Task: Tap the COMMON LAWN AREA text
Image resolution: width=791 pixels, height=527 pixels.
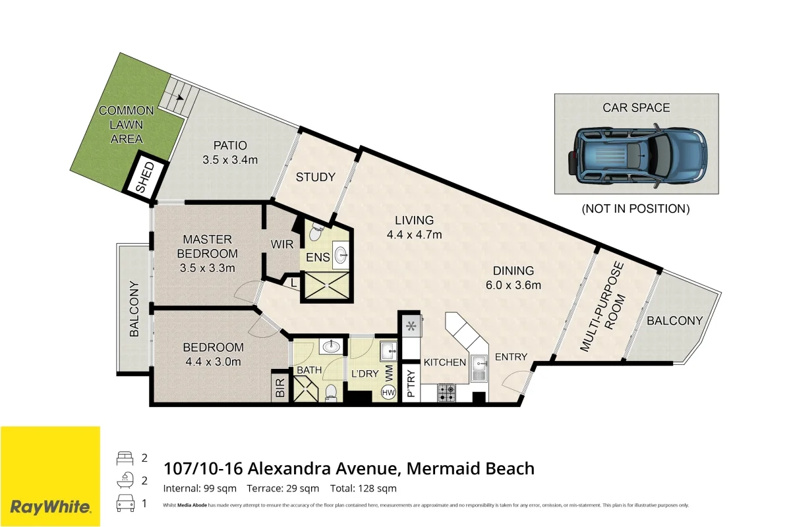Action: (127, 125)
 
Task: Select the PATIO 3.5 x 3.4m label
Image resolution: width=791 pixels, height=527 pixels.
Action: (229, 152)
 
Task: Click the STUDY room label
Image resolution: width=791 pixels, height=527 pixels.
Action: (315, 177)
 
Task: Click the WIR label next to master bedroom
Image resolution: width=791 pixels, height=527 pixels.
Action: (281, 244)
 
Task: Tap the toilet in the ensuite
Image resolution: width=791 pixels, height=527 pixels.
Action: (315, 232)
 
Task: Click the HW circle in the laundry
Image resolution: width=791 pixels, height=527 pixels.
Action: (388, 393)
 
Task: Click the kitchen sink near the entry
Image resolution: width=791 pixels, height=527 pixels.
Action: (479, 368)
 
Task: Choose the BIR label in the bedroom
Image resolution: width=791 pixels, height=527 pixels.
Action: (279, 387)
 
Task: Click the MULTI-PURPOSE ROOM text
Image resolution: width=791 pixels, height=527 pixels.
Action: (605, 306)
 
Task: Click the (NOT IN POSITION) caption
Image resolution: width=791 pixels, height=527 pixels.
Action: (635, 209)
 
